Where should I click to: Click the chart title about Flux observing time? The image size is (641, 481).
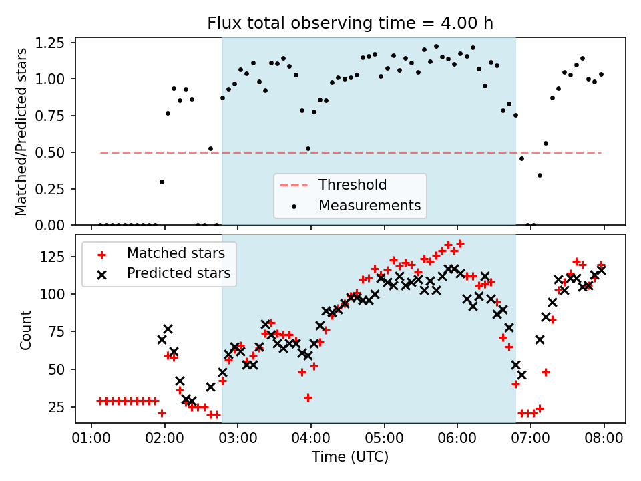(351, 24)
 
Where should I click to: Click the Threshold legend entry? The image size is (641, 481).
(353, 185)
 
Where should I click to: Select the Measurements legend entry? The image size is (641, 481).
(369, 205)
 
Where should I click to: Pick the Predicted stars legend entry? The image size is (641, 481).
(178, 273)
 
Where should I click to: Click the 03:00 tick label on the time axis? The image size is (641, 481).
(238, 440)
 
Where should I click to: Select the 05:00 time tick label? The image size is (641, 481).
(384, 440)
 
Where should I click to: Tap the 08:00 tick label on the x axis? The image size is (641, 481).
(604, 440)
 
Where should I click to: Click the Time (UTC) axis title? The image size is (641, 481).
(350, 458)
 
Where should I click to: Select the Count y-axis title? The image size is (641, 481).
(26, 329)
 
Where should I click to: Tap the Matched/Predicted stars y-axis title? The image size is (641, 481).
(21, 132)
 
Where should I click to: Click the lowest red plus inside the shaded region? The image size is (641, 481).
(308, 397)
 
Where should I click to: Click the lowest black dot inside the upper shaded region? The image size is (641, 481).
(308, 148)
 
